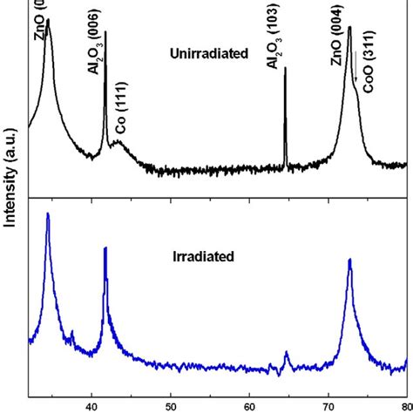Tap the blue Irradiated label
point(203,257)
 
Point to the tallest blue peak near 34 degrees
point(47,214)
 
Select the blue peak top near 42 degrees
point(105,248)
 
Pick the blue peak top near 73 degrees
point(349,260)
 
